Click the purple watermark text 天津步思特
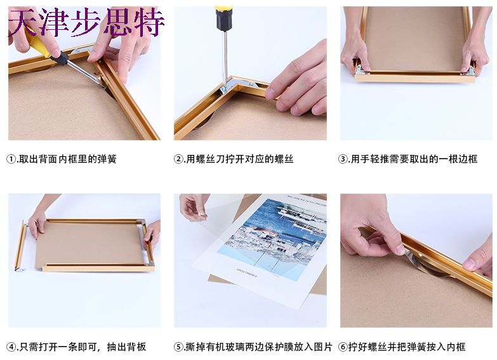tap(86, 22)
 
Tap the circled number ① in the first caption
tap(11, 159)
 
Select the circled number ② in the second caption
tap(178, 159)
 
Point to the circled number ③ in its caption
tap(343, 159)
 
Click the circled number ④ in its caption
tap(11, 347)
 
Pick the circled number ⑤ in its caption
tap(178, 347)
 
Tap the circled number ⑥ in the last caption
tap(343, 347)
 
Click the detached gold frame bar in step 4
tap(20, 246)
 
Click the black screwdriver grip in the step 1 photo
tap(59, 57)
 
